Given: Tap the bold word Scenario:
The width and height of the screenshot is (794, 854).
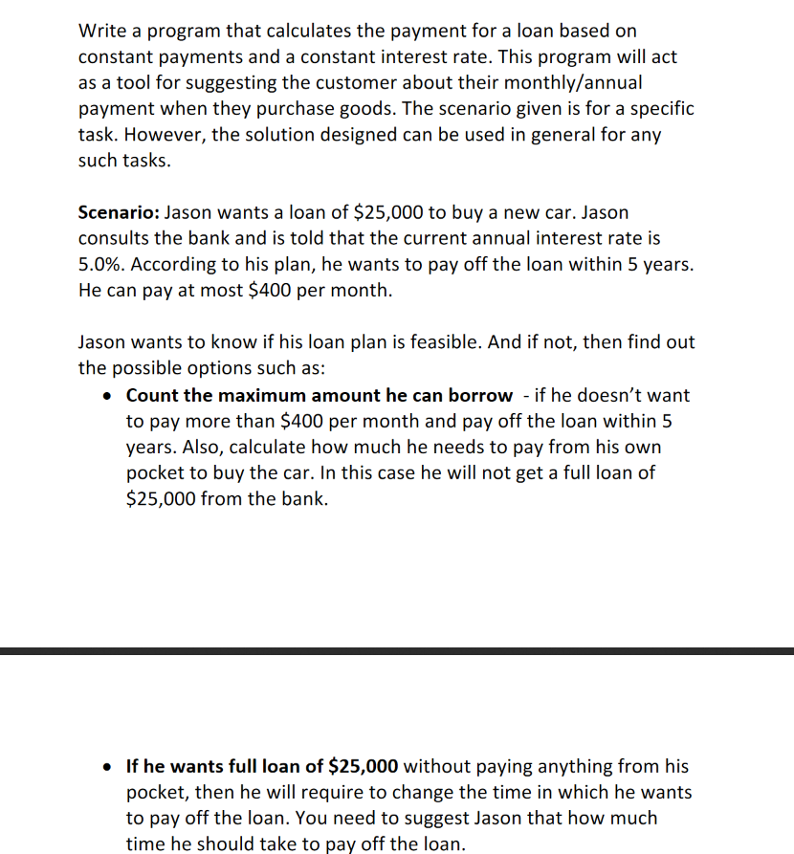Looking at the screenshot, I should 119,211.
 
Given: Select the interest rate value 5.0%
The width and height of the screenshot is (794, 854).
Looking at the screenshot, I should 99,264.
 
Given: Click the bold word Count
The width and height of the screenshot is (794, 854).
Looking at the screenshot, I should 153,395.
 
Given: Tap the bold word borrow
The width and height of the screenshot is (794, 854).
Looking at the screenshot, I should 480,395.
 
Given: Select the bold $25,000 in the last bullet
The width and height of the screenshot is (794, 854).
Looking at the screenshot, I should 364,766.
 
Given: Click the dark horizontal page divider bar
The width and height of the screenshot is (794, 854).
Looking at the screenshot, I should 397,651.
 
